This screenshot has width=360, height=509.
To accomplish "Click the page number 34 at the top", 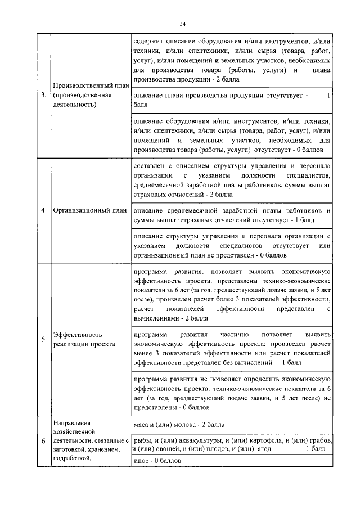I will pyautogui.click(x=182, y=24).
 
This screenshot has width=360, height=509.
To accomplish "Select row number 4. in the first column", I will pyautogui.click(x=44, y=211).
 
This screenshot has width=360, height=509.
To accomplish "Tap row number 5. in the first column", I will pyautogui.click(x=44, y=339).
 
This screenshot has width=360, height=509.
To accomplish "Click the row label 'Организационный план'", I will pyautogui.click(x=89, y=211).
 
